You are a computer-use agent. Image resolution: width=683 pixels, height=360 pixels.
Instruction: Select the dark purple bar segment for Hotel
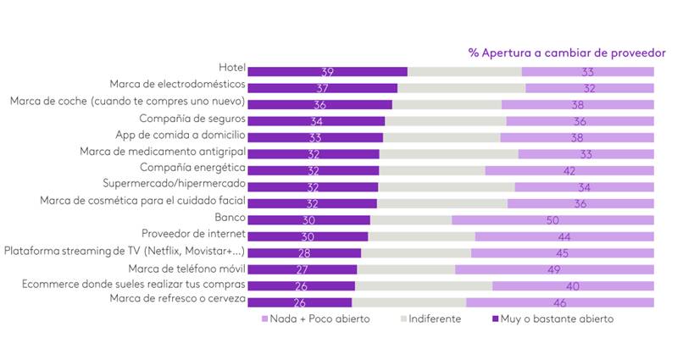tap(327, 72)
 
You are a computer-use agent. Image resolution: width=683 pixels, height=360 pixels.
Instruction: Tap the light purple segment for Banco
tap(553, 220)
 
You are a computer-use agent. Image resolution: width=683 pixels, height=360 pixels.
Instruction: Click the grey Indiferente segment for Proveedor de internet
tap(421, 236)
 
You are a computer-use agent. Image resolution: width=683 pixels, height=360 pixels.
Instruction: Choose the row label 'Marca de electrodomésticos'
tap(178, 85)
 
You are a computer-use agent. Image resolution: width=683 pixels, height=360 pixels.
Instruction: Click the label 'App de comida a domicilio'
tap(180, 135)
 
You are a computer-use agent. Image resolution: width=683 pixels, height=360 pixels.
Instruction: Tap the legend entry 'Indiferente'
tap(434, 319)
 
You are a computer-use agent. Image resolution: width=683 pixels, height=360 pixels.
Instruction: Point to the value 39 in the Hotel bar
tap(327, 72)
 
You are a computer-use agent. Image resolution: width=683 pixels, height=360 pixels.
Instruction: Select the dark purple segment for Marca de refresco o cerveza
tap(299, 302)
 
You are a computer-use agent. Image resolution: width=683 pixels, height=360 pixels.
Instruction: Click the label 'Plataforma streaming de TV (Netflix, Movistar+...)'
tap(125, 251)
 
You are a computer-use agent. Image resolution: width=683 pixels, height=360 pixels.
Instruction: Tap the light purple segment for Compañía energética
tap(569, 170)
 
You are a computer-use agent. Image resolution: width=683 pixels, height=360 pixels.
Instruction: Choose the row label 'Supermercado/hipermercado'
tap(174, 184)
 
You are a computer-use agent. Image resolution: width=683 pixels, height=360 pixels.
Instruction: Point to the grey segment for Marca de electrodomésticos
tap(461, 88)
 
